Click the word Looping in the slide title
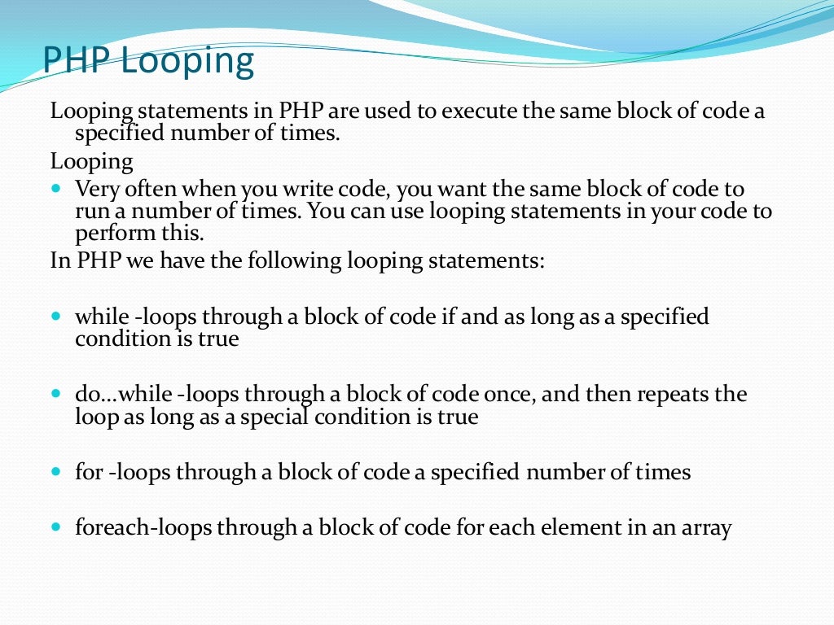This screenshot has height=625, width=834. coord(187,63)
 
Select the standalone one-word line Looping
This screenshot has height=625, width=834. coord(91,162)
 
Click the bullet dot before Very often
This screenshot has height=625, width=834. coord(56,187)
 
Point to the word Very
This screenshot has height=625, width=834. coord(96,190)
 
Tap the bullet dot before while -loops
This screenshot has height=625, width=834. coord(56,314)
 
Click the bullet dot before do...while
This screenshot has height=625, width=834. coord(56,393)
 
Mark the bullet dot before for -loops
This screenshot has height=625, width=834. coord(56,470)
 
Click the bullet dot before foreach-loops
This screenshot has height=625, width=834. coord(56,526)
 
